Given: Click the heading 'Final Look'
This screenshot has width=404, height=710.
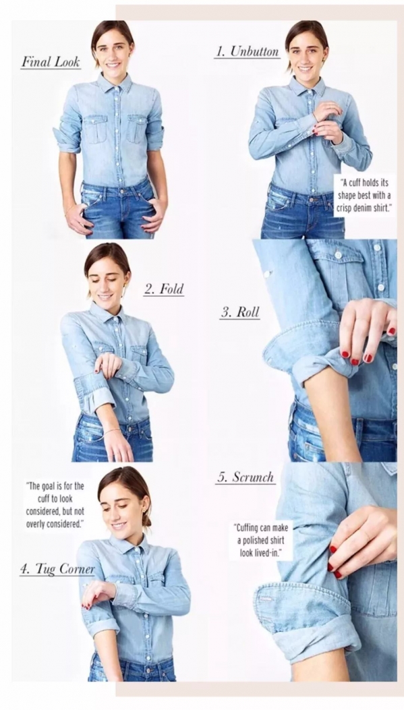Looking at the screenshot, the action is tap(51, 62).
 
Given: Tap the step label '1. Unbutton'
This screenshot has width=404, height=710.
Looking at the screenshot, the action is tap(247, 52).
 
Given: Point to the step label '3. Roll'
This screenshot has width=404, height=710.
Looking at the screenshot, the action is tap(240, 312).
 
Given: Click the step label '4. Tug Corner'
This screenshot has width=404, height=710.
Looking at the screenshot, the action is tap(57, 569).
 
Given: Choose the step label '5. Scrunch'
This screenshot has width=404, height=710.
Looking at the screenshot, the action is tap(246, 477).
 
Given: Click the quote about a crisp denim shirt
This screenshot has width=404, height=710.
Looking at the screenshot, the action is tap(364, 196).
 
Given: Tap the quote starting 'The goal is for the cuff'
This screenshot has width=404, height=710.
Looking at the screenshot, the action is tap(56, 505).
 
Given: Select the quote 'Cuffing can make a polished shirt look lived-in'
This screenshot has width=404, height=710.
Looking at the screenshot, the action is tap(260, 539).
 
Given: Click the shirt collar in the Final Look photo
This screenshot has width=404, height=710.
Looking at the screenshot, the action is tap(113, 83).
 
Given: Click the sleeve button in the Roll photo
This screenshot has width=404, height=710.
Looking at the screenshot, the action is tap(266, 274).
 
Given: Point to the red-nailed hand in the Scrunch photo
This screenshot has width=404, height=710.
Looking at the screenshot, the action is tap(363, 541).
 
